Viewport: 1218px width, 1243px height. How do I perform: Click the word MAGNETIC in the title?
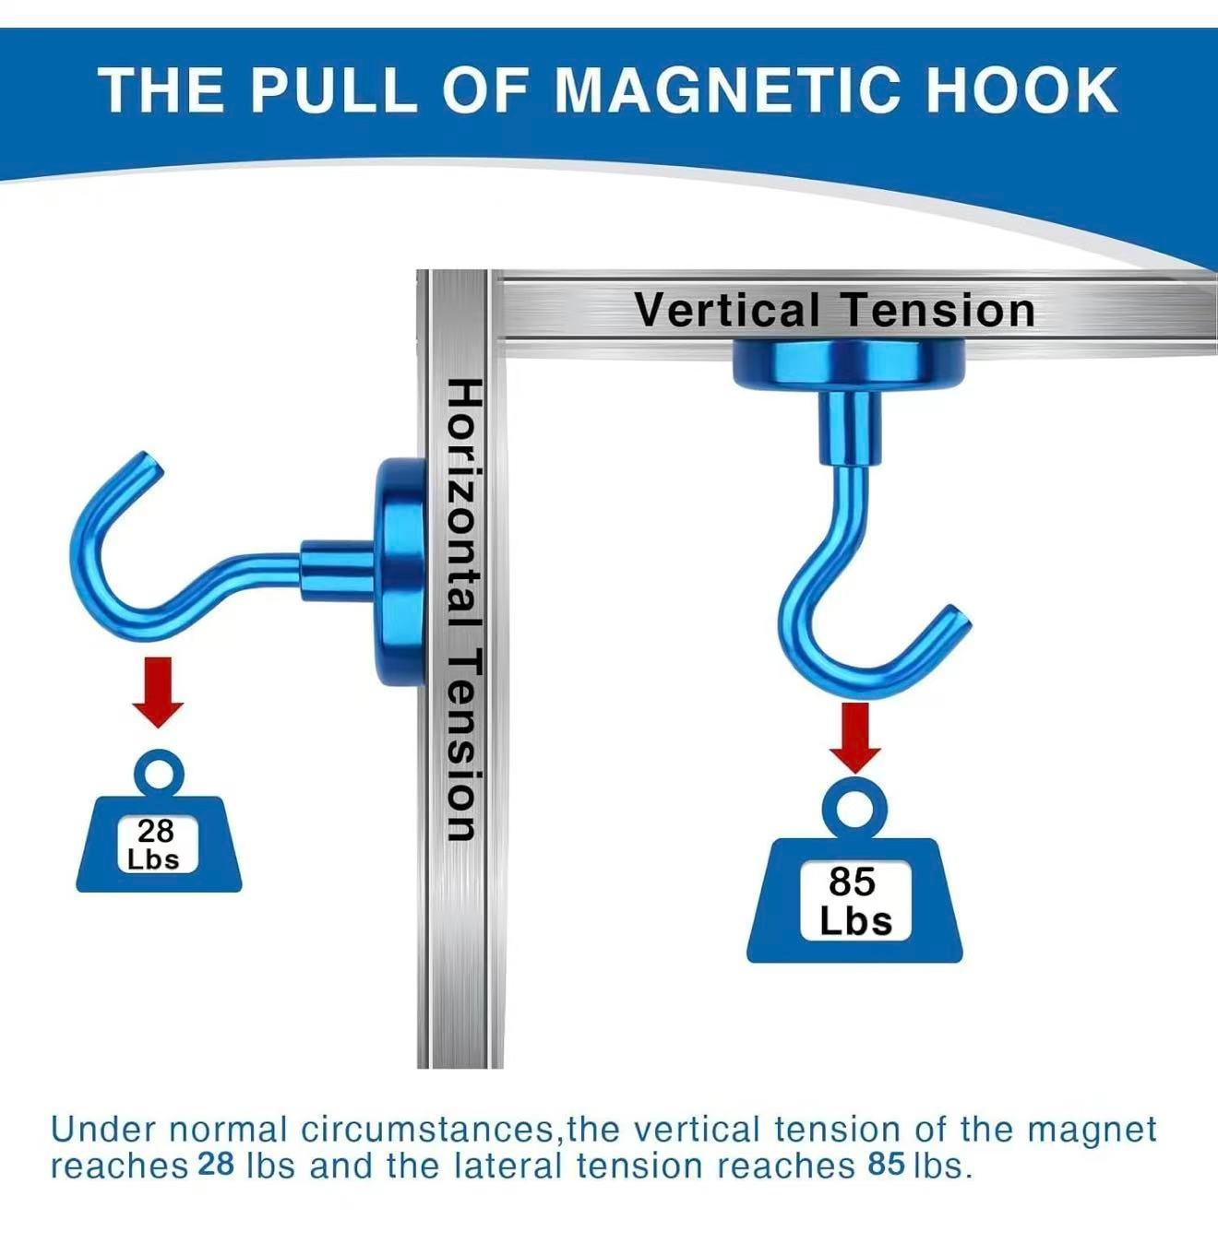[x=727, y=90]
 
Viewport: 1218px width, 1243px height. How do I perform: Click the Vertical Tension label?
[x=834, y=310]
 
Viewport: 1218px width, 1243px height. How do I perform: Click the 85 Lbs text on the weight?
[x=854, y=902]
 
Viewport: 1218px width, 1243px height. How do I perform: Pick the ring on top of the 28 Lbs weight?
[x=158, y=772]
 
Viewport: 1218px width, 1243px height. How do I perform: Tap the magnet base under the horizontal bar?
[x=849, y=361]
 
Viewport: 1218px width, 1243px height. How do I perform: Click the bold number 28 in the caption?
[x=217, y=1165]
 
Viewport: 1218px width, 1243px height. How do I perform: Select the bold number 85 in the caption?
[x=886, y=1165]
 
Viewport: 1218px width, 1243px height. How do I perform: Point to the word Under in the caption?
[x=103, y=1129]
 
